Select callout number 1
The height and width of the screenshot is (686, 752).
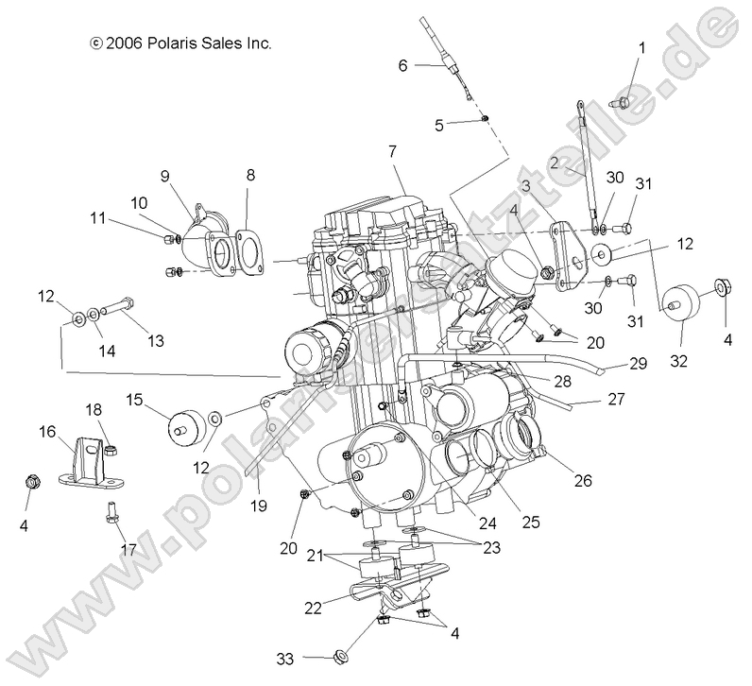tap(643, 47)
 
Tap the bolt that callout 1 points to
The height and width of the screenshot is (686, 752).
tap(624, 99)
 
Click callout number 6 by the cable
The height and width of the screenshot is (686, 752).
tap(402, 65)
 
